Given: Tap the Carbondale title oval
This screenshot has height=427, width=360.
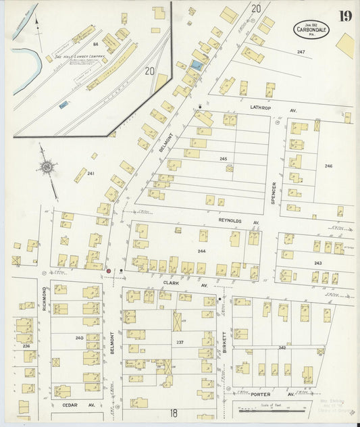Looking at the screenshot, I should (x=311, y=29).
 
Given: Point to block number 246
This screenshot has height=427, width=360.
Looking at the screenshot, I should (x=328, y=166).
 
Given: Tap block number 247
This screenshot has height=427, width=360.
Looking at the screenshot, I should (x=301, y=52).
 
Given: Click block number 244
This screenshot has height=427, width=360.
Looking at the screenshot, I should (x=201, y=251).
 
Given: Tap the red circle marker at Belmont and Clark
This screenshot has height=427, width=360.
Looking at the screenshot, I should (x=108, y=270).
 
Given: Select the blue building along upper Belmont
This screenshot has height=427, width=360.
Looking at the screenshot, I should (x=196, y=64).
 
